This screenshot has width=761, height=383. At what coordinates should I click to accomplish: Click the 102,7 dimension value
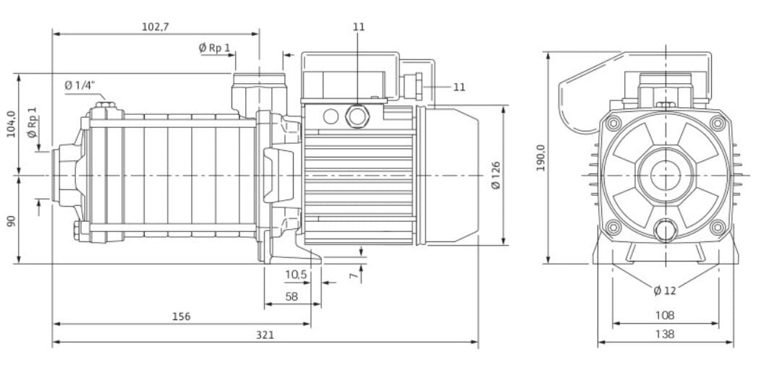(156, 27)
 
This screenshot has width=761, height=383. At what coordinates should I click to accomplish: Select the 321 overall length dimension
(265, 335)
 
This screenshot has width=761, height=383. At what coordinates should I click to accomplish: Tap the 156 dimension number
(182, 317)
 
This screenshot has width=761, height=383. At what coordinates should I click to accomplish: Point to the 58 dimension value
(292, 297)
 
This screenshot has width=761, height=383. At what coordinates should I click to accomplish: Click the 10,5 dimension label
(296, 275)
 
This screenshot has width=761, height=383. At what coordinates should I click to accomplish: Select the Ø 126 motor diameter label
(495, 175)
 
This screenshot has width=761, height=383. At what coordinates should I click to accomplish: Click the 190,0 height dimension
(540, 158)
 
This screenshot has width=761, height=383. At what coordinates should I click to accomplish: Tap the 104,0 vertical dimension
(11, 124)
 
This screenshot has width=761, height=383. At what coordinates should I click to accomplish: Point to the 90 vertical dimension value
(11, 221)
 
